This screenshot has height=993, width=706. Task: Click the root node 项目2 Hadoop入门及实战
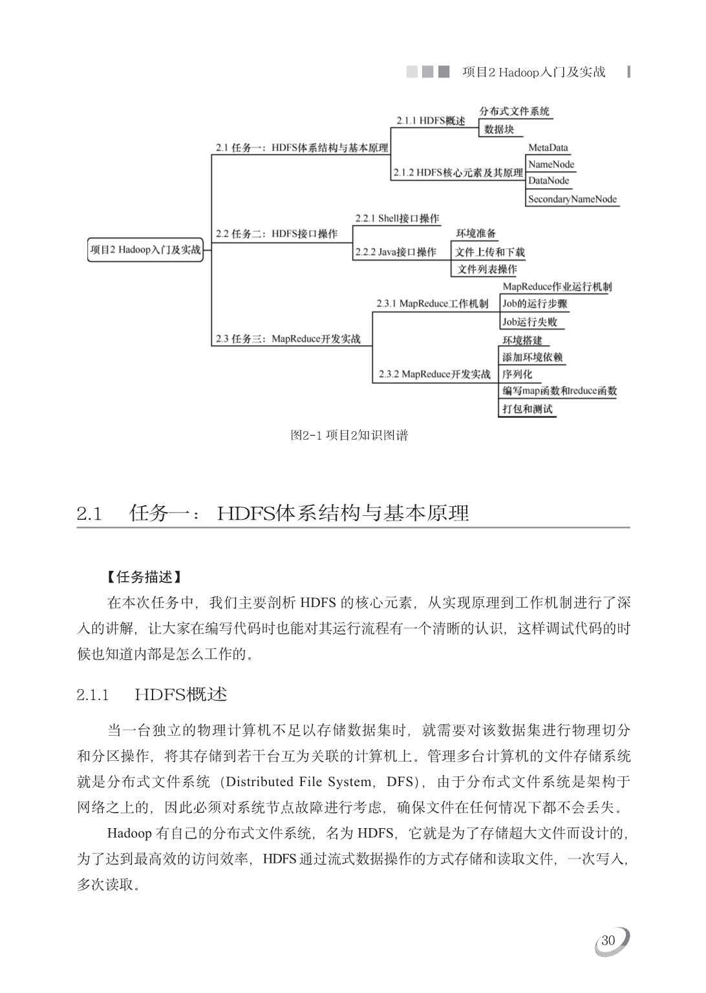point(145,250)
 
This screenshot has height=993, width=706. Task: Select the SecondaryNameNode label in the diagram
point(572,199)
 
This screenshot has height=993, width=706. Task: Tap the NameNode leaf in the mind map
point(551,164)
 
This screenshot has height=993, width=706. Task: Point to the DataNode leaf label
point(548,181)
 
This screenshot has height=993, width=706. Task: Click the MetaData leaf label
point(548,147)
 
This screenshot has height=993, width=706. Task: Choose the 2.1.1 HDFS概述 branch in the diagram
point(431,121)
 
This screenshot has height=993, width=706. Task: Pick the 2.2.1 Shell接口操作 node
point(397,219)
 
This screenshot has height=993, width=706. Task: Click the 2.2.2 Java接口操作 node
point(396,252)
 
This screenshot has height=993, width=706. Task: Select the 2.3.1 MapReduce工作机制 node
point(433,304)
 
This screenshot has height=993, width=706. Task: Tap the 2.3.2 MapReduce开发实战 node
point(434,374)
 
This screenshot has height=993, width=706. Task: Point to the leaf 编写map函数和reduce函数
point(559,390)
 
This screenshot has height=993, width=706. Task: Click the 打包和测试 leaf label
point(528,409)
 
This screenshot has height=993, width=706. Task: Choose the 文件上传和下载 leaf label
point(489,252)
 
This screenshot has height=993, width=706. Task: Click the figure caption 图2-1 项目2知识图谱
point(349,435)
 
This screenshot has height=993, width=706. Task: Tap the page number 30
point(608,941)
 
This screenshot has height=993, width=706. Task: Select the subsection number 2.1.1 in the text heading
point(92,696)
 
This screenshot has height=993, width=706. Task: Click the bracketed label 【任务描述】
point(144,577)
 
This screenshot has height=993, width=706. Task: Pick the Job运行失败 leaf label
point(529,321)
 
